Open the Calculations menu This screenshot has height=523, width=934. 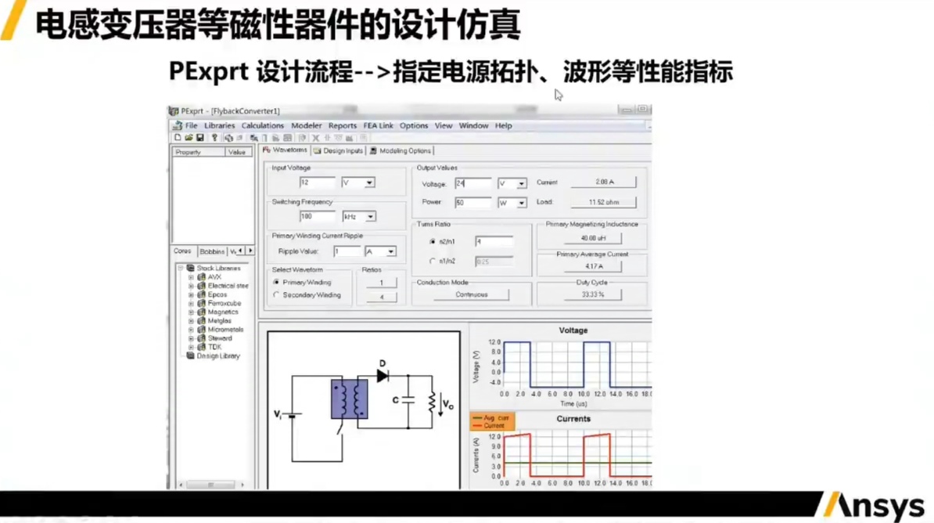tap(262, 125)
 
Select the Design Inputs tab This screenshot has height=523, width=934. tap(343, 150)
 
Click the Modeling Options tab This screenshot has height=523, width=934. tap(404, 150)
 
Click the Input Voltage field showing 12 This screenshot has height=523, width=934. tap(317, 182)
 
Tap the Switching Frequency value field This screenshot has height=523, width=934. tap(317, 216)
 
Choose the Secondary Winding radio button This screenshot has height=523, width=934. tap(276, 295)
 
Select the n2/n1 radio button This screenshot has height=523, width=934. tap(432, 241)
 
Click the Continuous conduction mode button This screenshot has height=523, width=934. tap(471, 295)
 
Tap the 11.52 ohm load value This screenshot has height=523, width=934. tap(602, 202)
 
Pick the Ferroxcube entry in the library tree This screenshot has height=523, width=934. tap(224, 303)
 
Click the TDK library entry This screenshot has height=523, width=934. tap(214, 347)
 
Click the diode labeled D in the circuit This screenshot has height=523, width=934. tap(383, 375)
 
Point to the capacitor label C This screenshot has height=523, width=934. tap(396, 400)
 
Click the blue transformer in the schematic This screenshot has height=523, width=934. tap(349, 399)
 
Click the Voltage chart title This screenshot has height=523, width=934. tap(573, 330)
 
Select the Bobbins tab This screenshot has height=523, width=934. tap(212, 251)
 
